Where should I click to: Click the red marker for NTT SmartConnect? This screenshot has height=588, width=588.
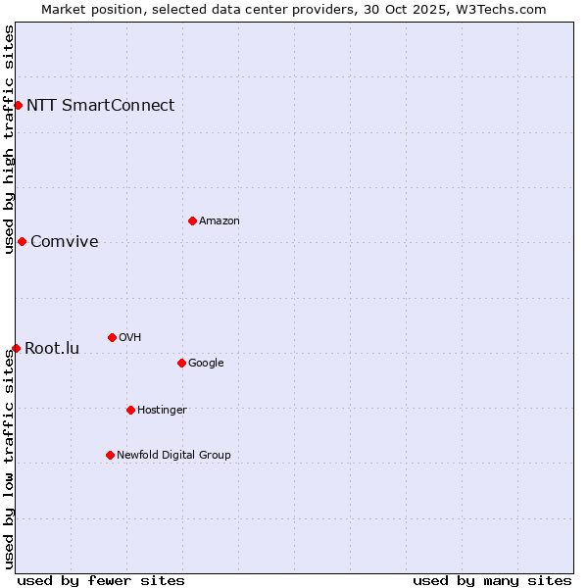18,105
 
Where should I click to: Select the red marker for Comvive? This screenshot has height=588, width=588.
22,241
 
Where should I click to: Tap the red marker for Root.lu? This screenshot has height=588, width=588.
16,348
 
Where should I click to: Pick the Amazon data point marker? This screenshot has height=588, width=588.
192,220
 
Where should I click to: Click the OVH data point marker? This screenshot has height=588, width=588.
112,337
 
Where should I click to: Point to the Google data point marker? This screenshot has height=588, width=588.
181,363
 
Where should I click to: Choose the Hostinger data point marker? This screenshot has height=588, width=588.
130,410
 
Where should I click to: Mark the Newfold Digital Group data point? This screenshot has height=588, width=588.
110,455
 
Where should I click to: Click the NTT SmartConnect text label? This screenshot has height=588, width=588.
100,105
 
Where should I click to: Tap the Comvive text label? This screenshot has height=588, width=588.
64,241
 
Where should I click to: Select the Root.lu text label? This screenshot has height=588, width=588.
51,348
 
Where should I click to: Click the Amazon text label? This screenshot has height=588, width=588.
220,220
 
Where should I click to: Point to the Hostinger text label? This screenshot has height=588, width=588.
162,410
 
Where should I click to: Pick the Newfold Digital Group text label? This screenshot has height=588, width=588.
173,455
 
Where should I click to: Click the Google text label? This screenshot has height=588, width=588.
206,363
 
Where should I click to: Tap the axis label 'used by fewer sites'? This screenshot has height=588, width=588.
101,580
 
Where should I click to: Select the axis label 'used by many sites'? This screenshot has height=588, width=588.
492,580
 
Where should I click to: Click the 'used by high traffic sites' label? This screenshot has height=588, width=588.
9,139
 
